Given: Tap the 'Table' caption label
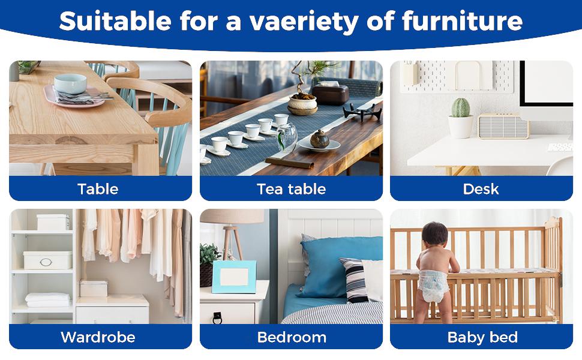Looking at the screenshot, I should [x=98, y=189].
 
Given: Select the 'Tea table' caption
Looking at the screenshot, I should [x=291, y=189].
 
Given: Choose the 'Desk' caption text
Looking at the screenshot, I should [x=481, y=189].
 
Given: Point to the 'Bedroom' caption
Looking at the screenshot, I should [x=292, y=337].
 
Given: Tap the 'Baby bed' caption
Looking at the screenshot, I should [x=482, y=337].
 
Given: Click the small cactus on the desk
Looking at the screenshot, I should [x=460, y=108].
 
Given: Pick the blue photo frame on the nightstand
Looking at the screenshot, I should [x=234, y=277].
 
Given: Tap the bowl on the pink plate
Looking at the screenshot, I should [x=70, y=83].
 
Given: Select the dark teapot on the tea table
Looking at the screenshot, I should [x=319, y=139].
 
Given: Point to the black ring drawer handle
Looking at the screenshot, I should [x=217, y=317].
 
